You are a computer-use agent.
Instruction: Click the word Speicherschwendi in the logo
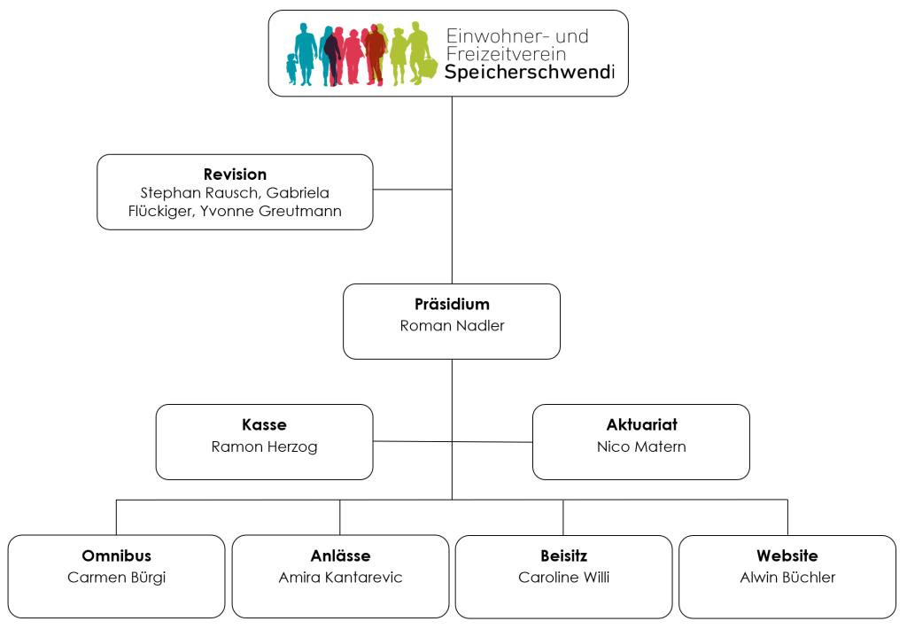(x=529, y=73)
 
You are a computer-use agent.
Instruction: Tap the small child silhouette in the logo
(x=291, y=69)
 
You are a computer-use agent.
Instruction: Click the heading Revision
(x=235, y=175)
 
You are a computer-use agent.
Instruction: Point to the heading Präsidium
(x=452, y=304)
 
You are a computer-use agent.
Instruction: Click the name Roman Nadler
(x=452, y=325)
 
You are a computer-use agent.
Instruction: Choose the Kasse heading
(x=264, y=424)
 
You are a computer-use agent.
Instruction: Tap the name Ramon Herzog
(x=264, y=447)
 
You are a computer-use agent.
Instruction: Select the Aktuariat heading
(x=641, y=424)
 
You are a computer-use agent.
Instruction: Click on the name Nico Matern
(x=641, y=447)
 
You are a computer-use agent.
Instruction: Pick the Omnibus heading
(x=116, y=555)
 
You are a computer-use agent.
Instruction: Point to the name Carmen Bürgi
(x=116, y=578)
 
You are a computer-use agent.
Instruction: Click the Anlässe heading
(x=340, y=555)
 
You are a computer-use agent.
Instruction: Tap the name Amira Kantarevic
(x=340, y=578)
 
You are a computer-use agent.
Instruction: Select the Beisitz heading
(x=563, y=555)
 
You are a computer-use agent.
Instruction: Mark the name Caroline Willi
(x=563, y=578)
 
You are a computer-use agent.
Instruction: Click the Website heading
(x=787, y=555)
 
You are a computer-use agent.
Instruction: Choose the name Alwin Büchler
(x=787, y=578)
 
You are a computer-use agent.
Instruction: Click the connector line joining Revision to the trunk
(x=412, y=190)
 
